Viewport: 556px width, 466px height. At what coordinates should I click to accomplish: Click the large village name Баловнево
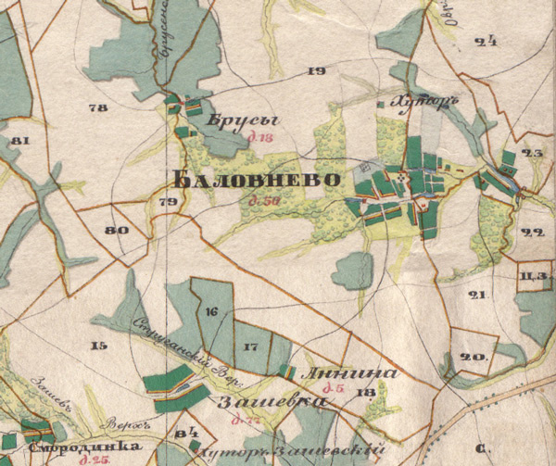click(x=251, y=178)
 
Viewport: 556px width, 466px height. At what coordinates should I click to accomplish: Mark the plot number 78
click(x=97, y=108)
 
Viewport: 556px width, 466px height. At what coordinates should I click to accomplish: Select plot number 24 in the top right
click(x=485, y=40)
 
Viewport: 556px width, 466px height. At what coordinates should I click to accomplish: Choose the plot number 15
click(x=98, y=346)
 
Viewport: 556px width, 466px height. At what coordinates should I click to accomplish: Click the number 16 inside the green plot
click(x=213, y=312)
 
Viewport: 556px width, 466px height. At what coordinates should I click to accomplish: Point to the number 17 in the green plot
click(x=249, y=346)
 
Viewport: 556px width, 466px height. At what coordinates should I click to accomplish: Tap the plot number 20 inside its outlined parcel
click(x=474, y=357)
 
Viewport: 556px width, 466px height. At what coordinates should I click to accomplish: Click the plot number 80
click(x=116, y=231)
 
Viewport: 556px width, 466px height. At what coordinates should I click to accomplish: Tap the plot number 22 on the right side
click(x=532, y=233)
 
